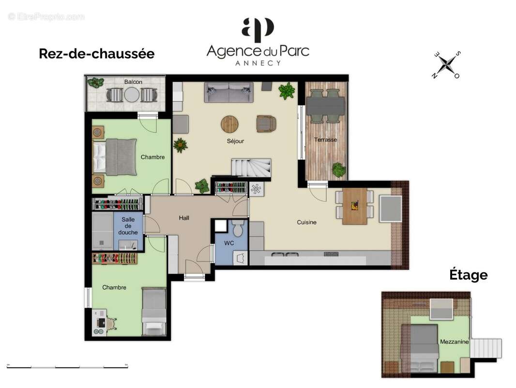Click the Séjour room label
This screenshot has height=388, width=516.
click(x=235, y=141)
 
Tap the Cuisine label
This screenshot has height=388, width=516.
click(x=306, y=222)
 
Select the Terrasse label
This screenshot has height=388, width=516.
click(x=325, y=140)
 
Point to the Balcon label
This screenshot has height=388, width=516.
click(x=133, y=82)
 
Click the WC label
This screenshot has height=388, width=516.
click(x=229, y=242)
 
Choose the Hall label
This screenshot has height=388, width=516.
click(x=184, y=218)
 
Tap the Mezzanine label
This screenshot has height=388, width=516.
click(x=454, y=341)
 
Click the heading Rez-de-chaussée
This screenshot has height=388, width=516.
click(x=96, y=54)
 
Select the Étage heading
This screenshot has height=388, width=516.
click(x=468, y=275)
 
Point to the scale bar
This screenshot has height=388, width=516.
click(x=67, y=366)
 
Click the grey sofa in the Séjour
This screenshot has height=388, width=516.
click(x=228, y=92)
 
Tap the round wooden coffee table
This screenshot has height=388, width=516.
click(x=230, y=124)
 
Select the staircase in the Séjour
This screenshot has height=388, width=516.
click(x=250, y=167)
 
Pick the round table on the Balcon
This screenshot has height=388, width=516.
click(x=131, y=95)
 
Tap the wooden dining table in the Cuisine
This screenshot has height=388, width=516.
click(x=355, y=206)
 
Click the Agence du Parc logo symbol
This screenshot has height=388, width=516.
click(x=258, y=30)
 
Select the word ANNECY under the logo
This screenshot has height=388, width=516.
click(x=258, y=63)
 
